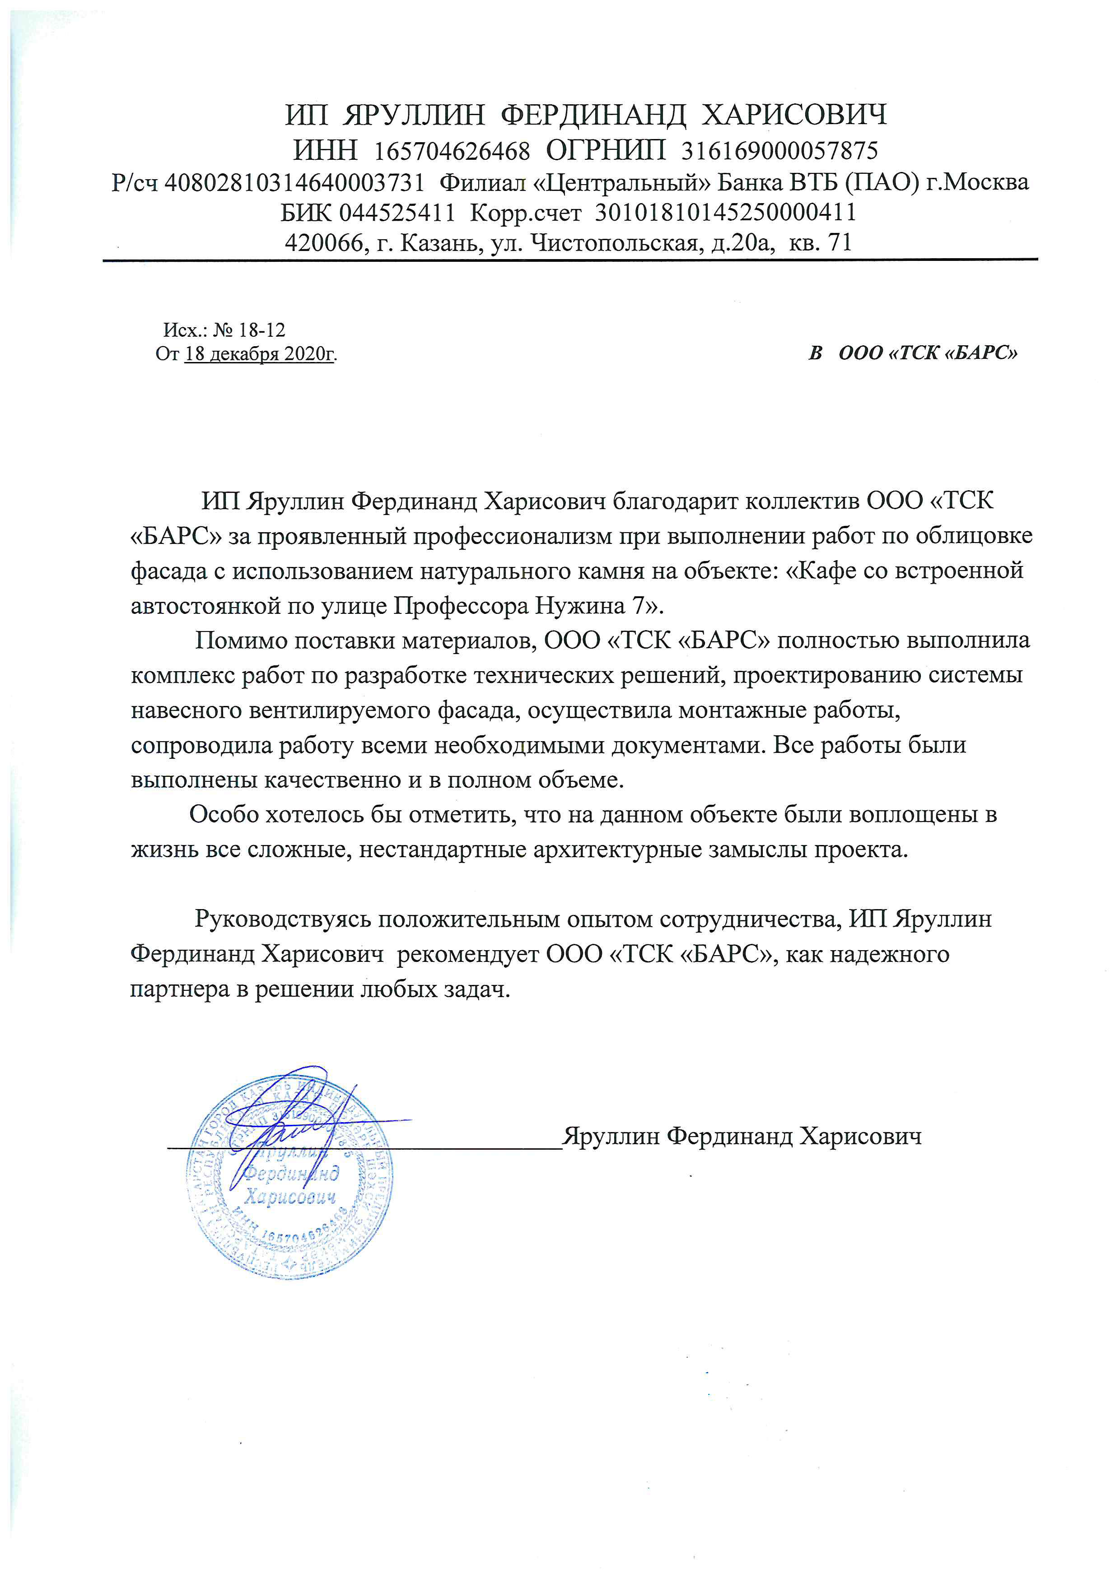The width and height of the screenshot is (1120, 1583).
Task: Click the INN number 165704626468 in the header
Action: tap(452, 150)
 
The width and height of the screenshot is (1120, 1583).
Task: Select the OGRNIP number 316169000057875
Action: tap(779, 150)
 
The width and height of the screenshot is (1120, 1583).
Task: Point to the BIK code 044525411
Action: tap(397, 212)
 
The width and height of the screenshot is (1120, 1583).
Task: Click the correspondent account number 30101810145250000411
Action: tap(726, 212)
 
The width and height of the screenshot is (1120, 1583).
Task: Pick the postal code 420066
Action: tap(324, 243)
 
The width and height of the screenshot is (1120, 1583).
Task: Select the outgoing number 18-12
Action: tap(261, 330)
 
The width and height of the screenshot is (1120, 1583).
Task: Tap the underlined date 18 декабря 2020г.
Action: tap(260, 354)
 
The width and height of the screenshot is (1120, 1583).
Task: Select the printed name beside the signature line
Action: tap(742, 1136)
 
